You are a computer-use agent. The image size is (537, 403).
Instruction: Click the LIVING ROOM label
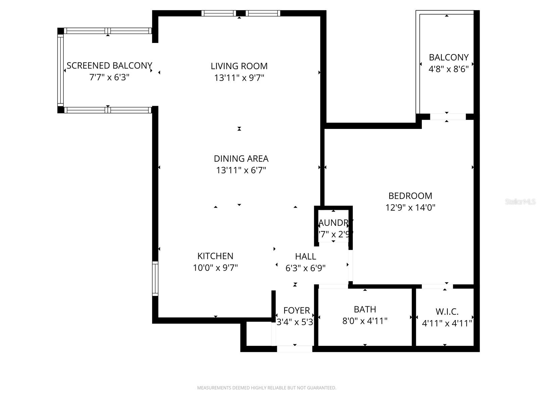pos(239,66)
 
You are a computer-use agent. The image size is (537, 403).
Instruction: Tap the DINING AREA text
pos(241,159)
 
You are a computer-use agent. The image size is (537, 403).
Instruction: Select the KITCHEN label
pos(215,256)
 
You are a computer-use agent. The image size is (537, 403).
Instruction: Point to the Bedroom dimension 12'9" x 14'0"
pos(410,208)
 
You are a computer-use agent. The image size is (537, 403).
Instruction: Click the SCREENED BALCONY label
pos(109,65)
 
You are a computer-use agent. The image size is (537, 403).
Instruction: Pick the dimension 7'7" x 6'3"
pos(109,78)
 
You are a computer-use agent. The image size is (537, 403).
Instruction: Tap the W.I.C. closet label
pos(447,312)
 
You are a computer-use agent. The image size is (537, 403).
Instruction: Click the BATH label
pos(365,309)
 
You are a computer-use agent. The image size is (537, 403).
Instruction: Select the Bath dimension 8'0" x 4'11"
pos(365,321)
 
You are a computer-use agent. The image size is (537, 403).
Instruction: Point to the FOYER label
pos(296,310)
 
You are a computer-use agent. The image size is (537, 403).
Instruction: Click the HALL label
pos(305,257)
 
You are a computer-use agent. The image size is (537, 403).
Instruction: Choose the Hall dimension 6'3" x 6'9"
pos(305,268)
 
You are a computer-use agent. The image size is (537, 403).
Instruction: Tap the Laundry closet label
pos(334,223)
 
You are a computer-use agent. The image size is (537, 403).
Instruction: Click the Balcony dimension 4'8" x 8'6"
pos(448,69)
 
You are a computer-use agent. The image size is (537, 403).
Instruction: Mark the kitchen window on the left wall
pos(155,279)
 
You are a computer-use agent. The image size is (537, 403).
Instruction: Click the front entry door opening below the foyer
pos(295,349)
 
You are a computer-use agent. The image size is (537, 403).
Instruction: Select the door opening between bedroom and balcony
pos(448,117)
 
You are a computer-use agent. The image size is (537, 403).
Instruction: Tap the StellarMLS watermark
pos(520,201)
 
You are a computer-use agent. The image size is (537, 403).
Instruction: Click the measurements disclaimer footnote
pos(266,388)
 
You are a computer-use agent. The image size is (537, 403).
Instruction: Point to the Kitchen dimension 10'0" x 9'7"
pos(215,268)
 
